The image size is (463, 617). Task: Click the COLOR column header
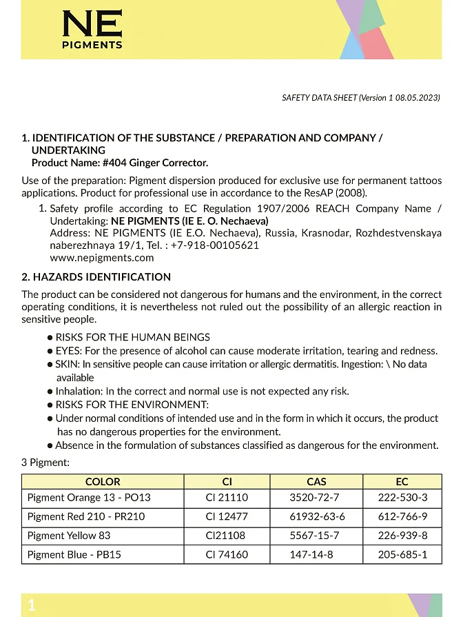(x=103, y=482)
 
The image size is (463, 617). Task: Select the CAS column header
(x=316, y=482)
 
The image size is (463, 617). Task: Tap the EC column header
(x=402, y=482)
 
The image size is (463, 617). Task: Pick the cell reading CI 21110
(x=227, y=497)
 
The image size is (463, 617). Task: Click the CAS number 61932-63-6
(x=316, y=516)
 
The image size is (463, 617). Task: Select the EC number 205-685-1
(x=402, y=554)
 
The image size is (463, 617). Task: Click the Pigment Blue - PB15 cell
(x=74, y=554)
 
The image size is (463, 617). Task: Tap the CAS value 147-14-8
(x=316, y=554)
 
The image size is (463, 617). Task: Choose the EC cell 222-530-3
(x=402, y=497)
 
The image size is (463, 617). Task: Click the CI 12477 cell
(x=227, y=516)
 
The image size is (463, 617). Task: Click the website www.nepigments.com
(x=102, y=258)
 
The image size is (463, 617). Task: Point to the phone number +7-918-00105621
(x=215, y=245)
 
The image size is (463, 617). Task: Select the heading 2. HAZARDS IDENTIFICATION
(x=96, y=277)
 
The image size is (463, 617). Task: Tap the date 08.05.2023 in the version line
(x=418, y=98)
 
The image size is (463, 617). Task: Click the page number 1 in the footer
(x=31, y=605)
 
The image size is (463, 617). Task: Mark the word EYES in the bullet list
(x=69, y=351)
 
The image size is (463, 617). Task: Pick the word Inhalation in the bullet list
(x=79, y=391)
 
